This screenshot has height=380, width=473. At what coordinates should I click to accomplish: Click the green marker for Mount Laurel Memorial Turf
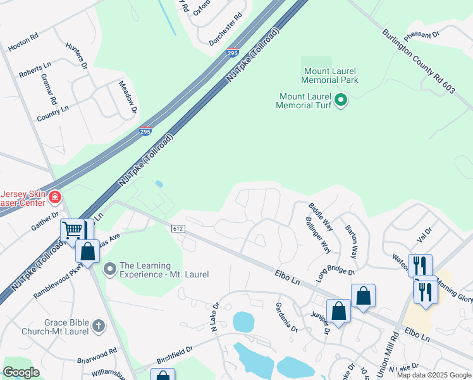pyautogui.click(x=341, y=100)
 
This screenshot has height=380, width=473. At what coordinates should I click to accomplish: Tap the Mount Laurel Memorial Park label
pyautogui.click(x=330, y=75)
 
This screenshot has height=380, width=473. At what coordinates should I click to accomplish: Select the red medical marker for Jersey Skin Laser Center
pyautogui.click(x=55, y=198)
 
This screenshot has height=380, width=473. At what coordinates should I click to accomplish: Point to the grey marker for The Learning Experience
pyautogui.click(x=110, y=270)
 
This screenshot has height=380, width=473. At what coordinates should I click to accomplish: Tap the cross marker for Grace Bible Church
pyautogui.click(x=97, y=326)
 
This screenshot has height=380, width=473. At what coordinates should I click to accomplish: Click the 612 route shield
pyautogui.click(x=177, y=227)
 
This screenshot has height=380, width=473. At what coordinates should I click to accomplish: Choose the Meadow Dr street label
pyautogui.click(x=128, y=97)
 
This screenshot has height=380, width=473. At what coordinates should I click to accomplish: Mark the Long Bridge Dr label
pyautogui.click(x=336, y=274)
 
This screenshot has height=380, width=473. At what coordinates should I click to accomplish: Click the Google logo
pyautogui.click(x=21, y=372)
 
